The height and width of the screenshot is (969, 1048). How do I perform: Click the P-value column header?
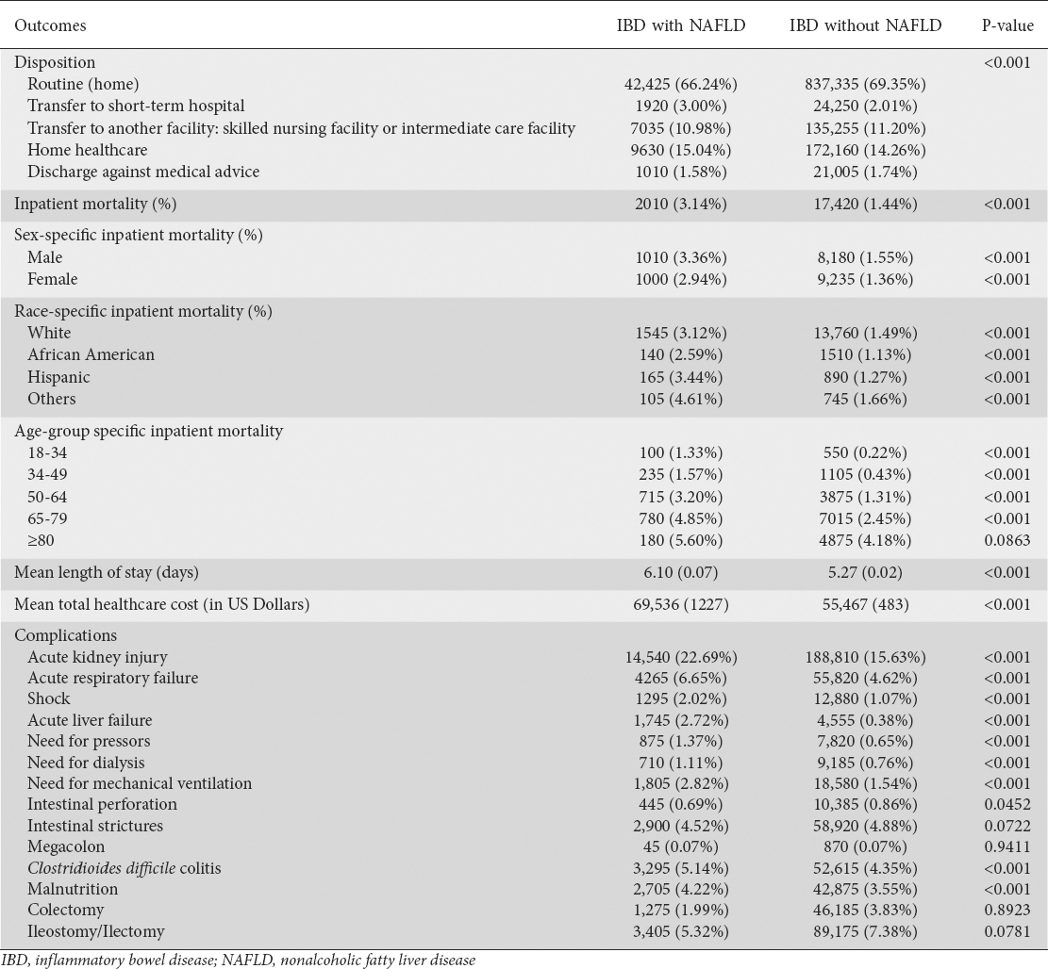[1007, 25]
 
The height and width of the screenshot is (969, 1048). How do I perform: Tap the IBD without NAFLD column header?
[865, 25]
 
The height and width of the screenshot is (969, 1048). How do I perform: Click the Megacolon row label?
[66, 846]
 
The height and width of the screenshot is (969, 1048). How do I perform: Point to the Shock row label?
[49, 699]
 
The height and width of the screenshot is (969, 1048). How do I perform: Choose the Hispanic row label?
[58, 377]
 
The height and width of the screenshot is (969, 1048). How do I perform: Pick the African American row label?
[91, 355]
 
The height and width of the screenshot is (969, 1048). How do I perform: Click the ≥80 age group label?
[42, 539]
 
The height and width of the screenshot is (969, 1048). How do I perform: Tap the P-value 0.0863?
[1007, 539]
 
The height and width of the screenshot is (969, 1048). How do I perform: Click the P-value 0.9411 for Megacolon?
[1007, 846]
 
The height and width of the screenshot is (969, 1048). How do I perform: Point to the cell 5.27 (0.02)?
[865, 571]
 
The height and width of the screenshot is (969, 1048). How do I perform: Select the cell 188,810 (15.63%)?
[865, 657]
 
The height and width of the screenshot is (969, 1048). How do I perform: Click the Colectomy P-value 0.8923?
[1007, 910]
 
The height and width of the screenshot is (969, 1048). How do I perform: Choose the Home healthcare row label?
[87, 149]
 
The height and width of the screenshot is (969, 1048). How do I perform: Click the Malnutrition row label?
[73, 889]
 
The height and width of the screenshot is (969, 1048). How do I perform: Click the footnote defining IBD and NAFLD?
[238, 961]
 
